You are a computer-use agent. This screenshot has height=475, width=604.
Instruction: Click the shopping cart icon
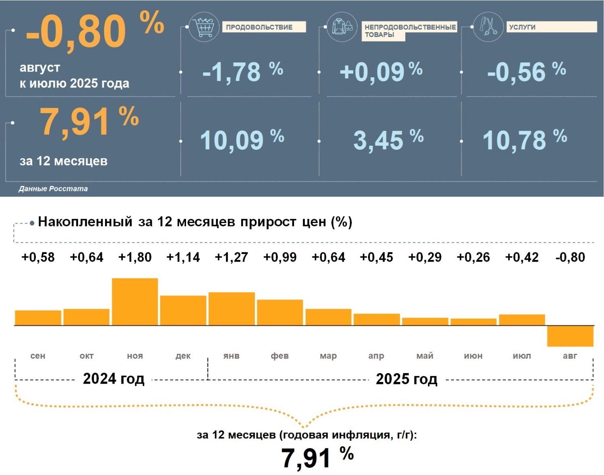[204, 27]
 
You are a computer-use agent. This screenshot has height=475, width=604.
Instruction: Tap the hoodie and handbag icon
[342, 27]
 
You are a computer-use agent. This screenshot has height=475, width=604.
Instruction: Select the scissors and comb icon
[488, 27]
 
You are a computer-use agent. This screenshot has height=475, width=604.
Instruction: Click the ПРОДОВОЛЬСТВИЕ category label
[259, 27]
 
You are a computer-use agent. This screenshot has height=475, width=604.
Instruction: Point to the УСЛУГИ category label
[522, 27]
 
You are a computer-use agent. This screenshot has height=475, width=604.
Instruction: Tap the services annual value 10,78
[514, 140]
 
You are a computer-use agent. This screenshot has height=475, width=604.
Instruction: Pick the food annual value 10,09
[232, 140]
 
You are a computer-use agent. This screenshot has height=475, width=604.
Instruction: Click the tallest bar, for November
[134, 302]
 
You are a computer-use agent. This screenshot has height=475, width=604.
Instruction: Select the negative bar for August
[570, 336]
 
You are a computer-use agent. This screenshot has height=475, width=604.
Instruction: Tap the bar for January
[232, 308]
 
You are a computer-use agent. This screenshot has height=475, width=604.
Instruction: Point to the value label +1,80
[135, 257]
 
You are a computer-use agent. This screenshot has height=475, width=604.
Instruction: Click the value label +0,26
[473, 257]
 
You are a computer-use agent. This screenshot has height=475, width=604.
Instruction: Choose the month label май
[425, 356]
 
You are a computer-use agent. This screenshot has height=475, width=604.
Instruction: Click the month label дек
[183, 356]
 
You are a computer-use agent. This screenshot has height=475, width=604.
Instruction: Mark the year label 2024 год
[114, 379]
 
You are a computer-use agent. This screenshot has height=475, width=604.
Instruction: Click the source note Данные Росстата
[53, 189]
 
